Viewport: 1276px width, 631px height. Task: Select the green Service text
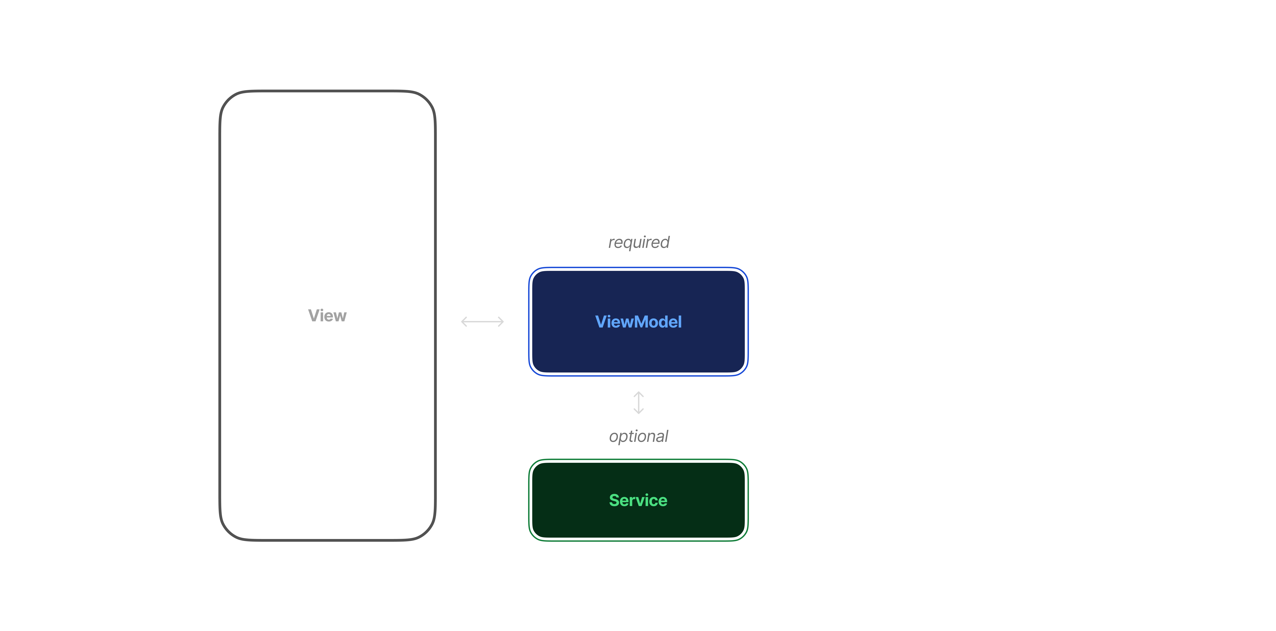click(638, 500)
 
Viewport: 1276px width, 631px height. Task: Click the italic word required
click(639, 242)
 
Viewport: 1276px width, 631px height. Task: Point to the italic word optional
click(639, 436)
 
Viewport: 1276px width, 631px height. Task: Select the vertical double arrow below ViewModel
click(639, 403)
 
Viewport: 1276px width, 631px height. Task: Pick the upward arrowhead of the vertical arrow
click(639, 394)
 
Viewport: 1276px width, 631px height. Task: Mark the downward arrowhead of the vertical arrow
click(639, 412)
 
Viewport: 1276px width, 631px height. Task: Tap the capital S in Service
click(614, 500)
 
